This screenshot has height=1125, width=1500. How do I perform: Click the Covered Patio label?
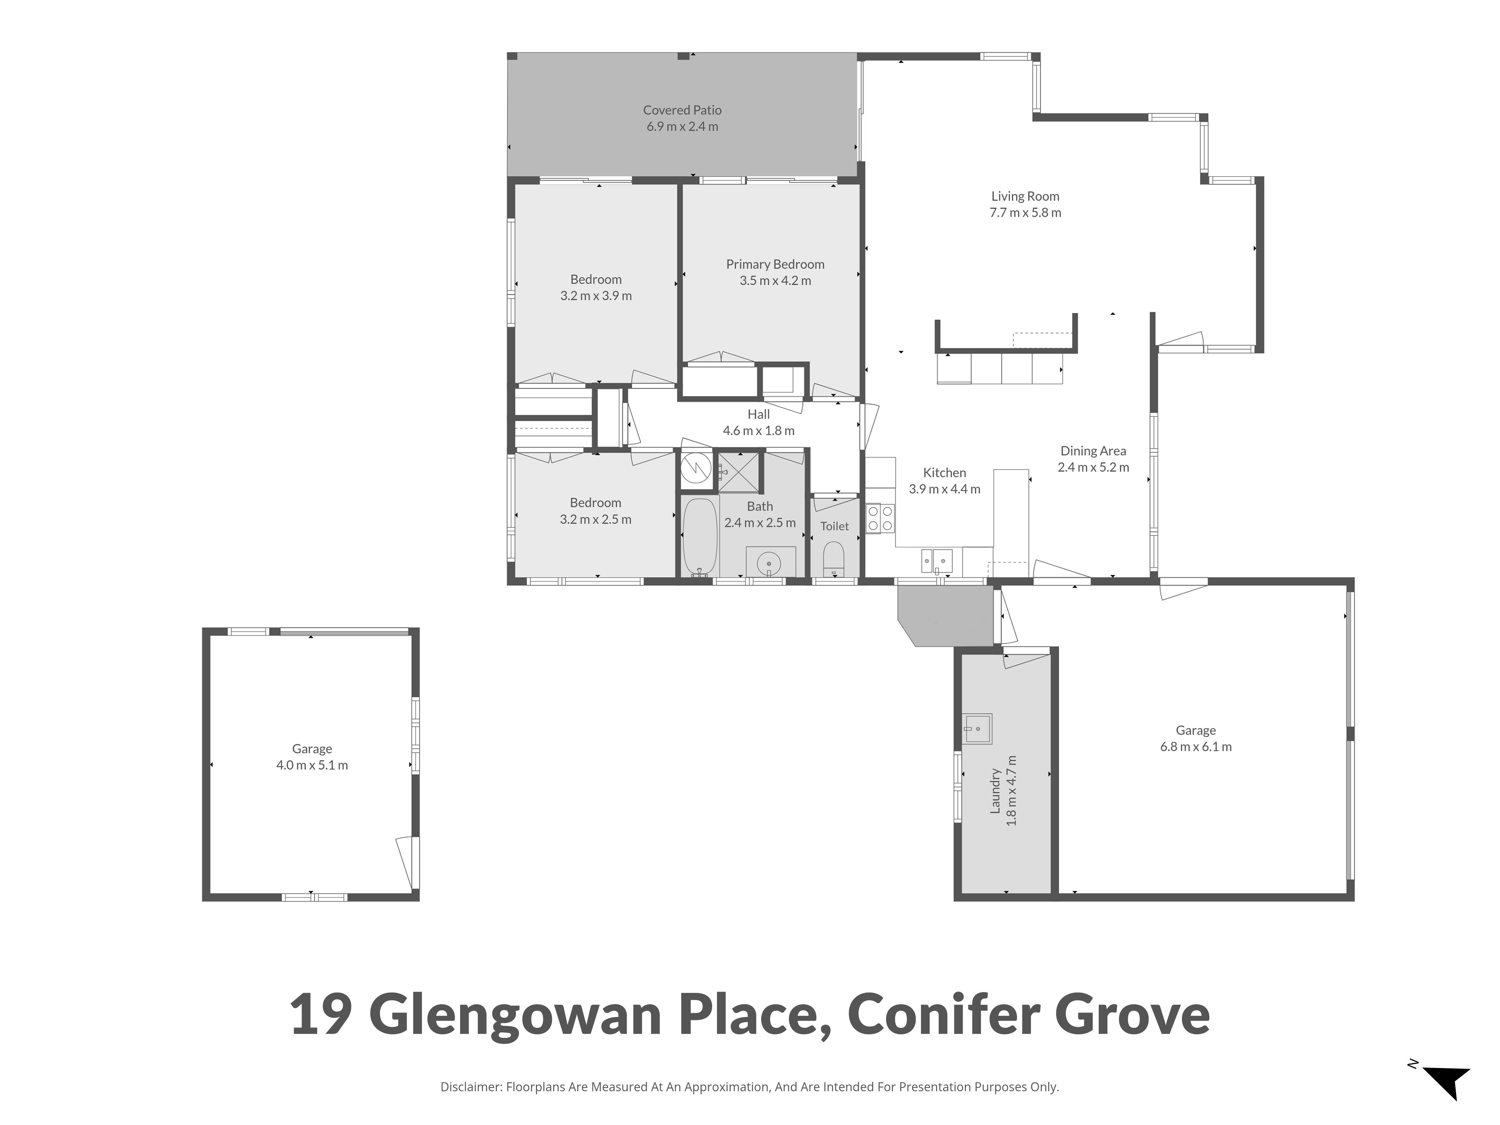pos(682,110)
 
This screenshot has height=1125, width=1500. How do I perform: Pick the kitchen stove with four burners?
pos(880,518)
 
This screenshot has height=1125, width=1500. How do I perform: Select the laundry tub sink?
pos(978,729)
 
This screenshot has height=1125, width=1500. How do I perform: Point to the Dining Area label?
pos(1093,451)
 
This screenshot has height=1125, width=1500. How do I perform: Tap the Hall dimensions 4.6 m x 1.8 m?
pos(759,430)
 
